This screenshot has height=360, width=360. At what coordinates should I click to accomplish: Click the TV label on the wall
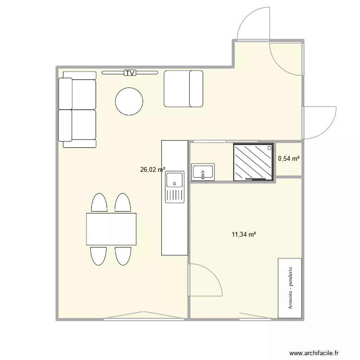point(130,73)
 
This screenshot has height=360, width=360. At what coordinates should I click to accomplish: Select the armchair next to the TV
point(184,88)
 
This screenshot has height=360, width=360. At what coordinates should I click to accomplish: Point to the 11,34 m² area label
point(244,235)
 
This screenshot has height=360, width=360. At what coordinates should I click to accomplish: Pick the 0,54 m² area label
point(289,158)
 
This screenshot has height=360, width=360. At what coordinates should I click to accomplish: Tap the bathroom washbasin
point(203,172)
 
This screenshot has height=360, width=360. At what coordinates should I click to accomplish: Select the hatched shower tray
point(253,162)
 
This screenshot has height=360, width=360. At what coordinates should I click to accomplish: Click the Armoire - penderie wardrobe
point(290,288)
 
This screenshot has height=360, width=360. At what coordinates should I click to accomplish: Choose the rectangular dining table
point(111,229)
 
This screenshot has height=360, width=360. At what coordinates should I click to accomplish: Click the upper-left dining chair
point(99,203)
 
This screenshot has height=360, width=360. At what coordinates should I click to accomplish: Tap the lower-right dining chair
point(123,255)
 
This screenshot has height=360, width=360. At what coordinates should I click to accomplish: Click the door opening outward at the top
point(252,24)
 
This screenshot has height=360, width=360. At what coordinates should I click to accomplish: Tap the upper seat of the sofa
point(78,94)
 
